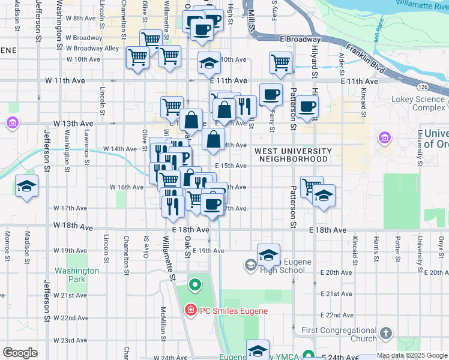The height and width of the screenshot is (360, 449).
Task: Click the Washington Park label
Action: click(77, 275)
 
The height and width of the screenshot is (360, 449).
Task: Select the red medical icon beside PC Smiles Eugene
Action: click(190, 310)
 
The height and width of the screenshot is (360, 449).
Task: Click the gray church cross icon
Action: click(386, 333)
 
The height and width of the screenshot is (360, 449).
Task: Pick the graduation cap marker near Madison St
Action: click(26, 186)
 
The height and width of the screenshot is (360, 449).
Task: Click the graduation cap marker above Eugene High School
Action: click(268, 256)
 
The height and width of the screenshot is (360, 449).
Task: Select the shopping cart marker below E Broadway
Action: click(280, 62)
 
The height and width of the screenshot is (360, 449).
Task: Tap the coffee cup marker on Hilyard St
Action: click(307, 107)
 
